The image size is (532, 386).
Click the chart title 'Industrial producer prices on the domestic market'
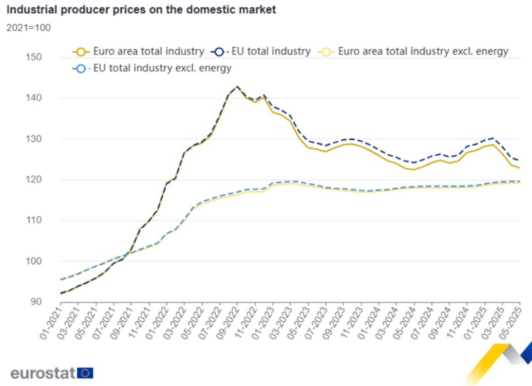tap(141, 10)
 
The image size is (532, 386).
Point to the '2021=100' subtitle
tap(28, 28)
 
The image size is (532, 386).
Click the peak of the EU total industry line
tap(237, 86)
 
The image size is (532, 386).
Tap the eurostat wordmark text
tap(43, 373)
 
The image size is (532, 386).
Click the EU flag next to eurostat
tap(85, 373)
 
